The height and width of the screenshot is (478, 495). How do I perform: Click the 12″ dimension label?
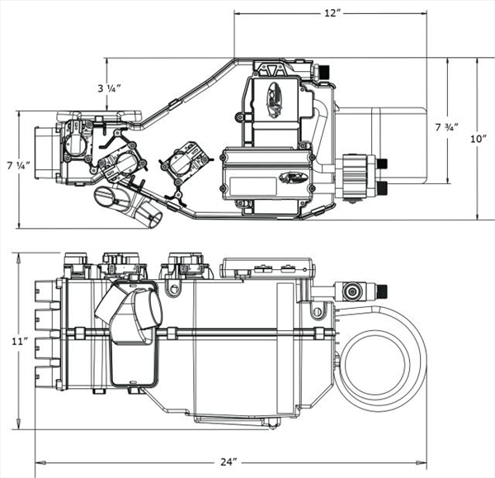click(332, 13)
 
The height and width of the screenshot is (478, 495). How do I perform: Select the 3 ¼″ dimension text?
click(109, 88)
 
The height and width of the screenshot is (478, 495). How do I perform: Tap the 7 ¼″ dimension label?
click(19, 165)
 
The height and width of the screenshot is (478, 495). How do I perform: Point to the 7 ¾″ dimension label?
click(446, 127)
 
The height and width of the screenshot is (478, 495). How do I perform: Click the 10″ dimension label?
click(479, 139)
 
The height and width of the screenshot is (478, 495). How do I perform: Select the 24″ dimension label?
click(229, 461)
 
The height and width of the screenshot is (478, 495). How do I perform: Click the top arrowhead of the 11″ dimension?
click(20, 258)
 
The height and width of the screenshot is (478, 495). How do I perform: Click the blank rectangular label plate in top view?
click(253, 186)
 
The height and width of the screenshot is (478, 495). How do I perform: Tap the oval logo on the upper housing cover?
click(274, 101)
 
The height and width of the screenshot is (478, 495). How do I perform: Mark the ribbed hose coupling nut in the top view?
click(355, 177)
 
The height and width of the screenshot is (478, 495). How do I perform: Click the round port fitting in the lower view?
click(351, 291)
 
